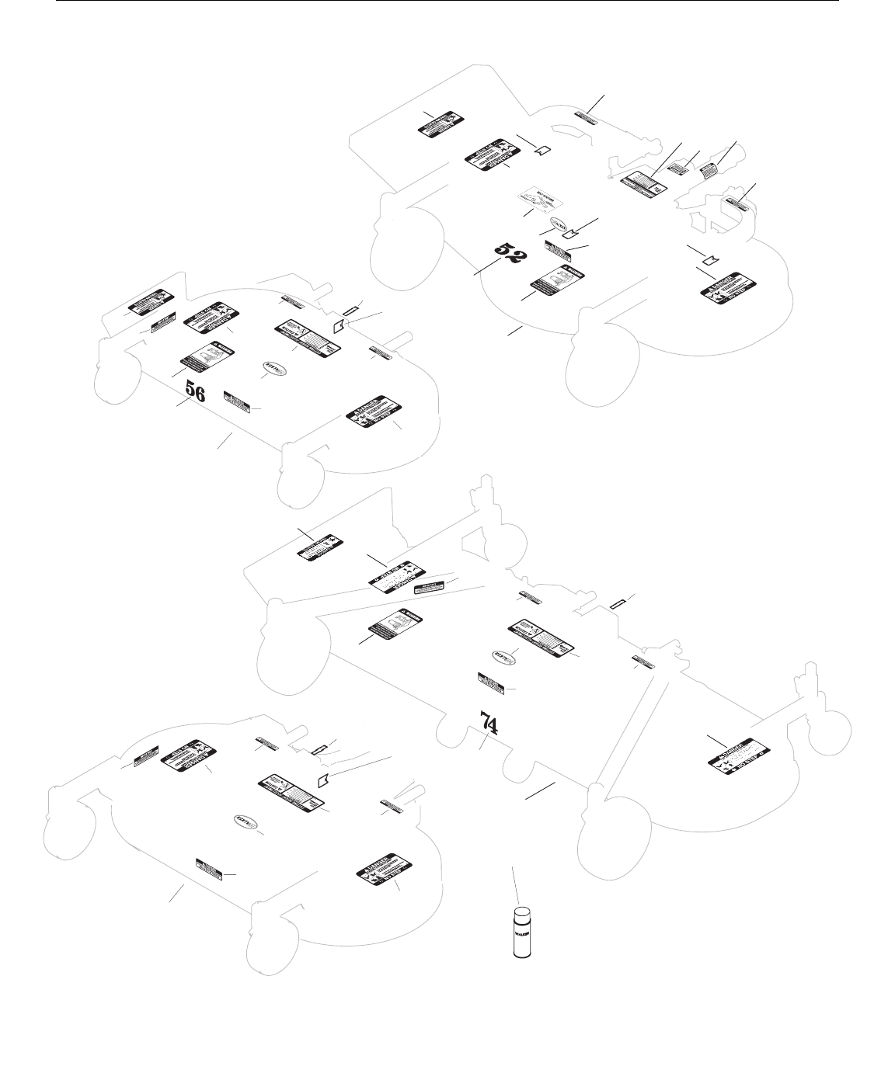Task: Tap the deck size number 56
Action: (194, 392)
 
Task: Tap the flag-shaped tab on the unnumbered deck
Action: (325, 779)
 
